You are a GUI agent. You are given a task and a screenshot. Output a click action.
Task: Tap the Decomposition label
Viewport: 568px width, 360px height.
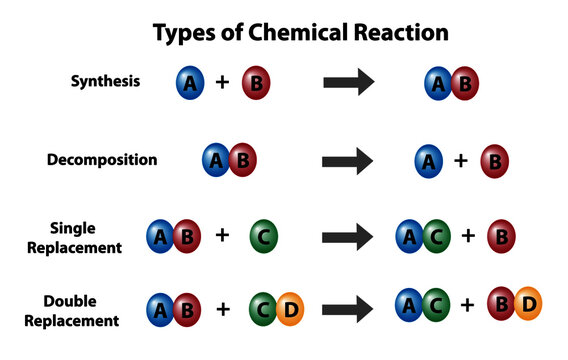[x=102, y=159]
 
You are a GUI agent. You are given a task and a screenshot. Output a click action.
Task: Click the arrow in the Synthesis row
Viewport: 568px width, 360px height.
[x=348, y=83]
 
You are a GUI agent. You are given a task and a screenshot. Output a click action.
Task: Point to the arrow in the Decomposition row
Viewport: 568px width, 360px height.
[x=348, y=160]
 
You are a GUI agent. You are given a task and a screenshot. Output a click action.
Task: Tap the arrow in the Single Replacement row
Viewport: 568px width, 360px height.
[x=348, y=237]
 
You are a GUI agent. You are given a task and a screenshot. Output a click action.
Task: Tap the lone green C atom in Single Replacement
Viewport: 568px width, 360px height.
[x=263, y=237]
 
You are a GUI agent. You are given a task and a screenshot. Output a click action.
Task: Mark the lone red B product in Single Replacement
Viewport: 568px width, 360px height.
[x=501, y=237]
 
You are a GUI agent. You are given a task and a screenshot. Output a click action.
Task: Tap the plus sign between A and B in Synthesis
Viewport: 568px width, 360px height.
[x=222, y=83]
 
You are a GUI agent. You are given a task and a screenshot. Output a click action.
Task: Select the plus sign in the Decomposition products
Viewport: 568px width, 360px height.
[x=460, y=160]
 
